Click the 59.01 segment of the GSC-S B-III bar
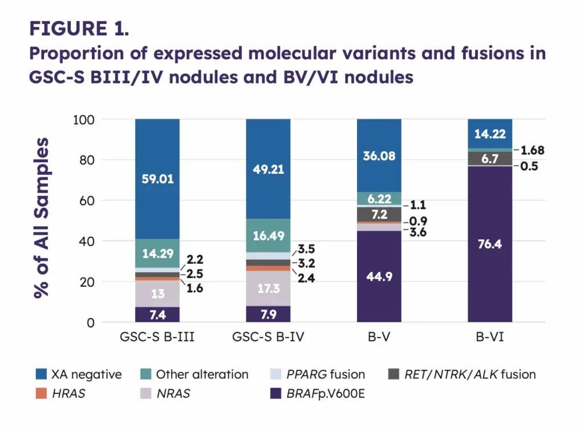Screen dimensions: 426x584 (x=157, y=179)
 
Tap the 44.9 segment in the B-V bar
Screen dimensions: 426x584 (x=379, y=277)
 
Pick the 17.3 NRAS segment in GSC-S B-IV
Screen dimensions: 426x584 (x=268, y=288)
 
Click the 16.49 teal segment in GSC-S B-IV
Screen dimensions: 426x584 (x=268, y=235)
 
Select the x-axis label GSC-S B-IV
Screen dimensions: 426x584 (x=268, y=337)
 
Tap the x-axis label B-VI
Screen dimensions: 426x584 (x=489, y=337)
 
